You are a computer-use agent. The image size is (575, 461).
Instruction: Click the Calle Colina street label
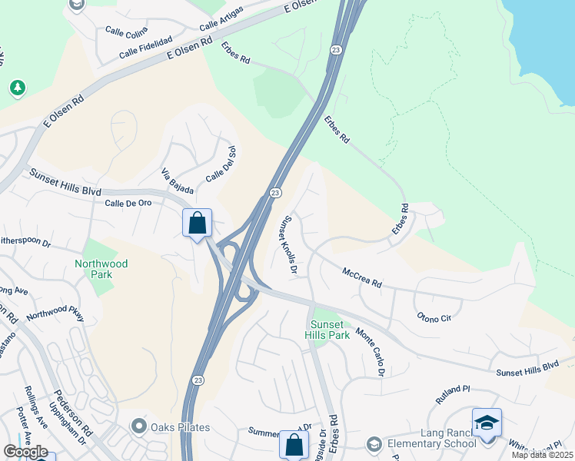(125, 32)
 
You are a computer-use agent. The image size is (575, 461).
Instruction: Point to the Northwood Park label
(101, 269)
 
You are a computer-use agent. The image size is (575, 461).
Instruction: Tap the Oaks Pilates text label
(180, 427)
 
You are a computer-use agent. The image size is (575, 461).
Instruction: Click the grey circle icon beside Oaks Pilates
(138, 425)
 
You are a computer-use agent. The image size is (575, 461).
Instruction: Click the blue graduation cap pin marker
(487, 424)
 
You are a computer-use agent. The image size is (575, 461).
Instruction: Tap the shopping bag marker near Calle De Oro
(198, 224)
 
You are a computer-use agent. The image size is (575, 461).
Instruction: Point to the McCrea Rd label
(362, 278)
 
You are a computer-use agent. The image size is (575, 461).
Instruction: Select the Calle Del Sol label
(220, 164)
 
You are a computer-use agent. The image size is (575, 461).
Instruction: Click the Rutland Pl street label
(453, 396)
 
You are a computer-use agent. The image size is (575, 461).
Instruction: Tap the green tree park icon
(18, 88)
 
